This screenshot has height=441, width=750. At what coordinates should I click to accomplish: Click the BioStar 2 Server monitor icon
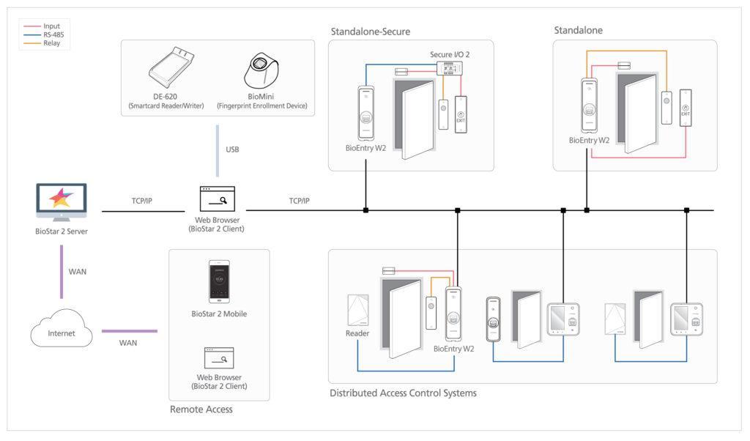pos(62,202)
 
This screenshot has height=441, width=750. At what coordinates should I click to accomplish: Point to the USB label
pos(232,149)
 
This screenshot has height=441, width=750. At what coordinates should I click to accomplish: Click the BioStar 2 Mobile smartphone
pos(219,281)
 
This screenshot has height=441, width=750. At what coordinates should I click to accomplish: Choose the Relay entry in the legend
pos(51,44)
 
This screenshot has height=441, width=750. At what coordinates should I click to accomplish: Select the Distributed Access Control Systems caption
pos(403,393)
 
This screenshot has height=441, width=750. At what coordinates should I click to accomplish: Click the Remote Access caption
pos(201,409)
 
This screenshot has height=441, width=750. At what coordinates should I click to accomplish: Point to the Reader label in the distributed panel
pos(357,333)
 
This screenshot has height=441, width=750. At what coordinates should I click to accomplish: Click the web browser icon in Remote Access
pos(218,357)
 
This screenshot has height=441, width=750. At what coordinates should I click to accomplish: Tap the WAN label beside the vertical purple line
pos(77,272)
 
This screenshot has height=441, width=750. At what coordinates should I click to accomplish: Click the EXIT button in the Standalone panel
pos(685,108)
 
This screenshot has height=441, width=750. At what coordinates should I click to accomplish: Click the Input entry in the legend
pos(51,26)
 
